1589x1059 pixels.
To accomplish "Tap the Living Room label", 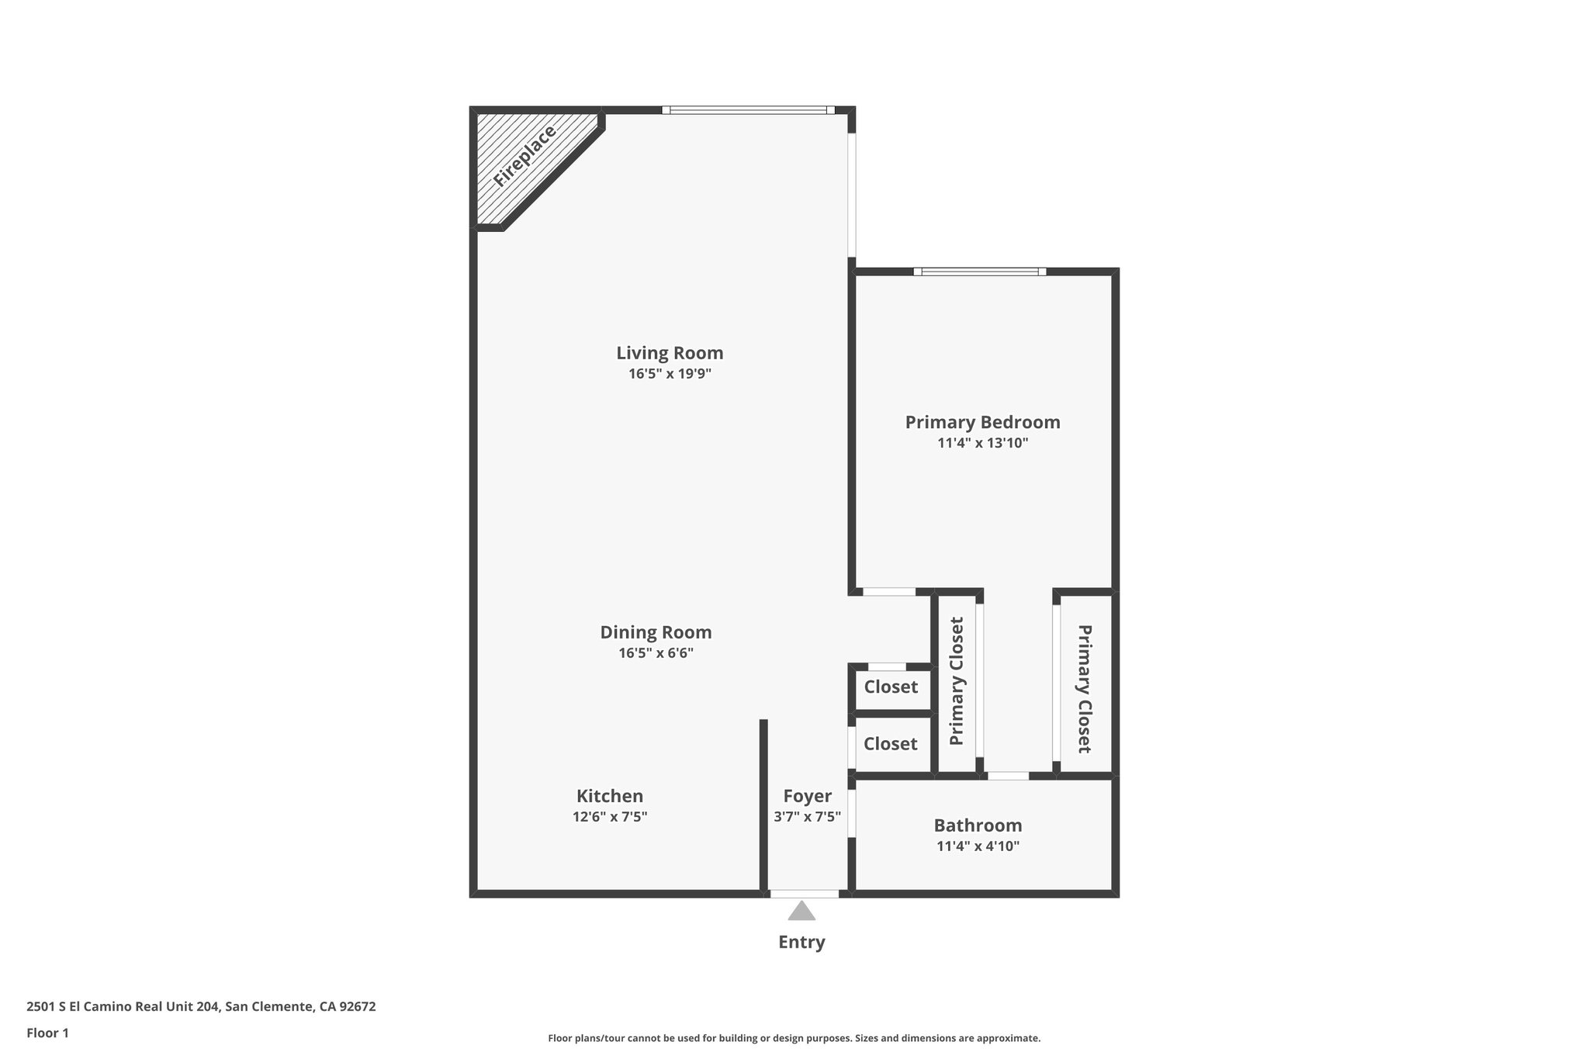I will click(670, 353).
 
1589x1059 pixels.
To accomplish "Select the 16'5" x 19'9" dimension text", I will click(670, 374).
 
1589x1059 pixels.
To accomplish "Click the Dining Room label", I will click(656, 632).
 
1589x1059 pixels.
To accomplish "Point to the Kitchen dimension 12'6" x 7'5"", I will click(610, 817).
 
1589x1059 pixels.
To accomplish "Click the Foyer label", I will click(807, 796).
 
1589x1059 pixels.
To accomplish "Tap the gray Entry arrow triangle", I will click(801, 911).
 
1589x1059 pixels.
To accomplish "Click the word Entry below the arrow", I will click(801, 942).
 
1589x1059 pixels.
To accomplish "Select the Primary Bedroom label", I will click(982, 422).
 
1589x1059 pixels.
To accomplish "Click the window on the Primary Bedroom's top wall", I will click(979, 272).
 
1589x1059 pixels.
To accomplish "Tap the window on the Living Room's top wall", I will click(748, 110).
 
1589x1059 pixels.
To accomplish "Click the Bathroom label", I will click(978, 825).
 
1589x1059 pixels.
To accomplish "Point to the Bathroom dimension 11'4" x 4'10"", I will click(978, 846).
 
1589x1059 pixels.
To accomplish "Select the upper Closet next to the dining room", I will click(891, 687).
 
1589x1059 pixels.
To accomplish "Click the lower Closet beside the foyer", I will click(891, 744).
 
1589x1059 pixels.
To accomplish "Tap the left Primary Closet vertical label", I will click(957, 681).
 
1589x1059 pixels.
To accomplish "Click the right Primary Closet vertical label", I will click(1085, 689).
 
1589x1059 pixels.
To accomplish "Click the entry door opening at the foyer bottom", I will click(805, 894).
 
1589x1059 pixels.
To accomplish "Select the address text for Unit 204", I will click(201, 1007).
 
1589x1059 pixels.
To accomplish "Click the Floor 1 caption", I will click(47, 1033).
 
